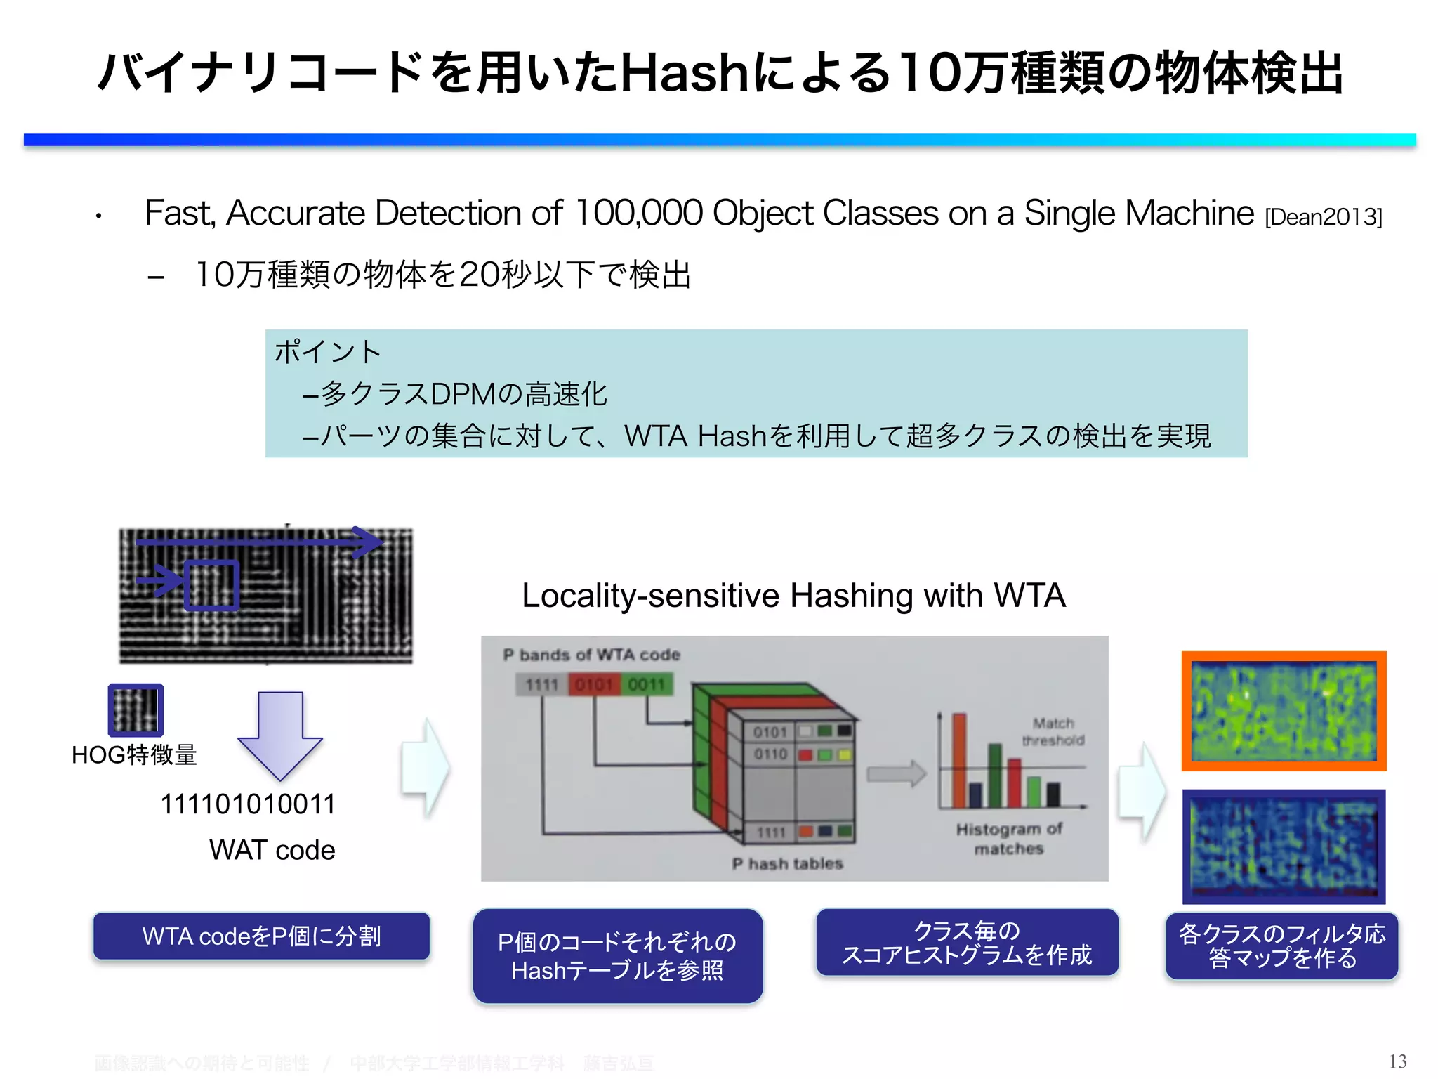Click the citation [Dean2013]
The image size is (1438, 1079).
(1323, 217)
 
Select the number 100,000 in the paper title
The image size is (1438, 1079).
(638, 213)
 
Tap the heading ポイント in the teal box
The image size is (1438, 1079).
(328, 351)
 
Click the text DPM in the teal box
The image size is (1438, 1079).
(461, 394)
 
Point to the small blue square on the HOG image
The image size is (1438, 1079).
(211, 585)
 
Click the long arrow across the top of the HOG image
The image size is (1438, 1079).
(260, 542)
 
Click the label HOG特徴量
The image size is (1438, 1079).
(134, 754)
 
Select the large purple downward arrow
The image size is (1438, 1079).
(279, 735)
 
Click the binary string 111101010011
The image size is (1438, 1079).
(248, 804)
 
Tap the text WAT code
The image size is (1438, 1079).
(272, 850)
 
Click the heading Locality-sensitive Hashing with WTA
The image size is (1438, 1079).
(793, 596)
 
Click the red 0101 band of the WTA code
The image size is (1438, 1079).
(594, 684)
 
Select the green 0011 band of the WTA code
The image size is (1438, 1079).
(646, 684)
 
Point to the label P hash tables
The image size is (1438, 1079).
(787, 863)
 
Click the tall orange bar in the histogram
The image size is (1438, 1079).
(959, 760)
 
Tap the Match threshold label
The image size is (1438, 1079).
(1053, 731)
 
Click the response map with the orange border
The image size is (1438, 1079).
(1284, 711)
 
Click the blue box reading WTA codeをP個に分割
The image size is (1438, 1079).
(261, 936)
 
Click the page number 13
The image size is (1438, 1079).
(1397, 1061)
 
